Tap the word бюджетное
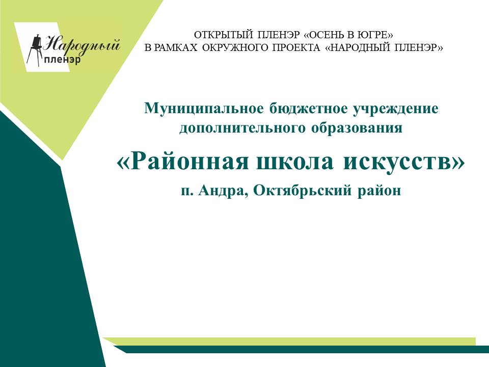[309, 109]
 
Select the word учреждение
[395, 109]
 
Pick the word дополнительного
[242, 128]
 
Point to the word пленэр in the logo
[62, 59]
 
